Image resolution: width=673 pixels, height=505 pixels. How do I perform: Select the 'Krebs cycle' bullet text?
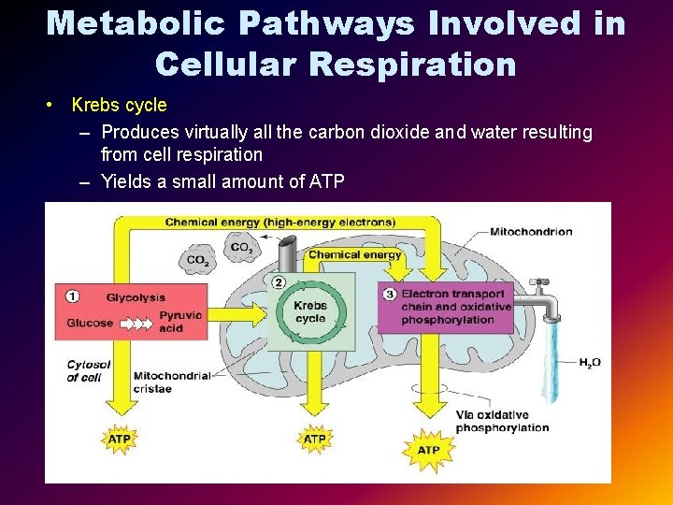[x=119, y=105]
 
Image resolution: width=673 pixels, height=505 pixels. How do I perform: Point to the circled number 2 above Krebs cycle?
[x=279, y=281]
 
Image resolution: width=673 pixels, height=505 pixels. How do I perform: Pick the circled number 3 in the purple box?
[x=391, y=294]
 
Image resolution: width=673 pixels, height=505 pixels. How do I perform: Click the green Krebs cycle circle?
[x=310, y=311]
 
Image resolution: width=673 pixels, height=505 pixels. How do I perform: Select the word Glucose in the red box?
[x=90, y=323]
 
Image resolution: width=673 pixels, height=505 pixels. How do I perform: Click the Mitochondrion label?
[x=531, y=231]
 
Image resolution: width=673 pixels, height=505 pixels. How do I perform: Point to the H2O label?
[x=589, y=362]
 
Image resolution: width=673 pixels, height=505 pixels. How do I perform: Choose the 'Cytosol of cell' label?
[x=89, y=370]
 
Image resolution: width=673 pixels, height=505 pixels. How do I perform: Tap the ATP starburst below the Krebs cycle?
[x=315, y=438]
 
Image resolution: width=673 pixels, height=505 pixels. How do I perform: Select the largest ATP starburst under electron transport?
[x=427, y=450]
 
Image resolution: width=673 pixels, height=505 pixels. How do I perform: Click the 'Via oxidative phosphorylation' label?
[x=501, y=421]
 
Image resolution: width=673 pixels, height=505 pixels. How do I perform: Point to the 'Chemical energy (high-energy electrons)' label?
[x=279, y=222]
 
